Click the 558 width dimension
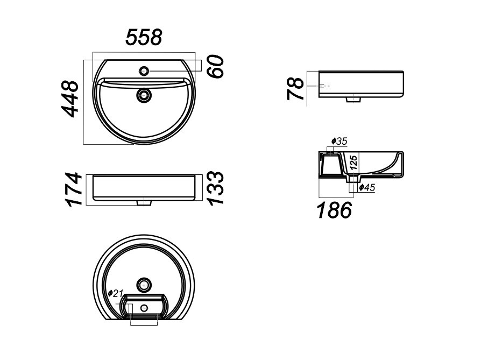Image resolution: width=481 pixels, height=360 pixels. (144, 37)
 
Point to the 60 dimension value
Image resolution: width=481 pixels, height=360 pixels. (216, 65)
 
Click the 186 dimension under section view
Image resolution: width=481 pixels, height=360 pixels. (334, 210)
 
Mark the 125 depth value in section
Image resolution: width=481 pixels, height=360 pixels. (353, 163)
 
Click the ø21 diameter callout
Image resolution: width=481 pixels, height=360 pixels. (116, 293)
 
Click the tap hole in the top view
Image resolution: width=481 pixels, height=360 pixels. (144, 70)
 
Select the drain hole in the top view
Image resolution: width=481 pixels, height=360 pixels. (144, 95)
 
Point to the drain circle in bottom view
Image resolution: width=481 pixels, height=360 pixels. (144, 284)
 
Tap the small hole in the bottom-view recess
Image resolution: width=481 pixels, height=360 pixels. (144, 307)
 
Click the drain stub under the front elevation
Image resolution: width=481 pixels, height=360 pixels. (144, 203)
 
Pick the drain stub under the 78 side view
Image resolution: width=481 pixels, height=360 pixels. (353, 100)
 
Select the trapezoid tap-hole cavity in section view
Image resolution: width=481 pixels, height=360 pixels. (331, 164)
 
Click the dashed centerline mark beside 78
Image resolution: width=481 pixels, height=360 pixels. (323, 86)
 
